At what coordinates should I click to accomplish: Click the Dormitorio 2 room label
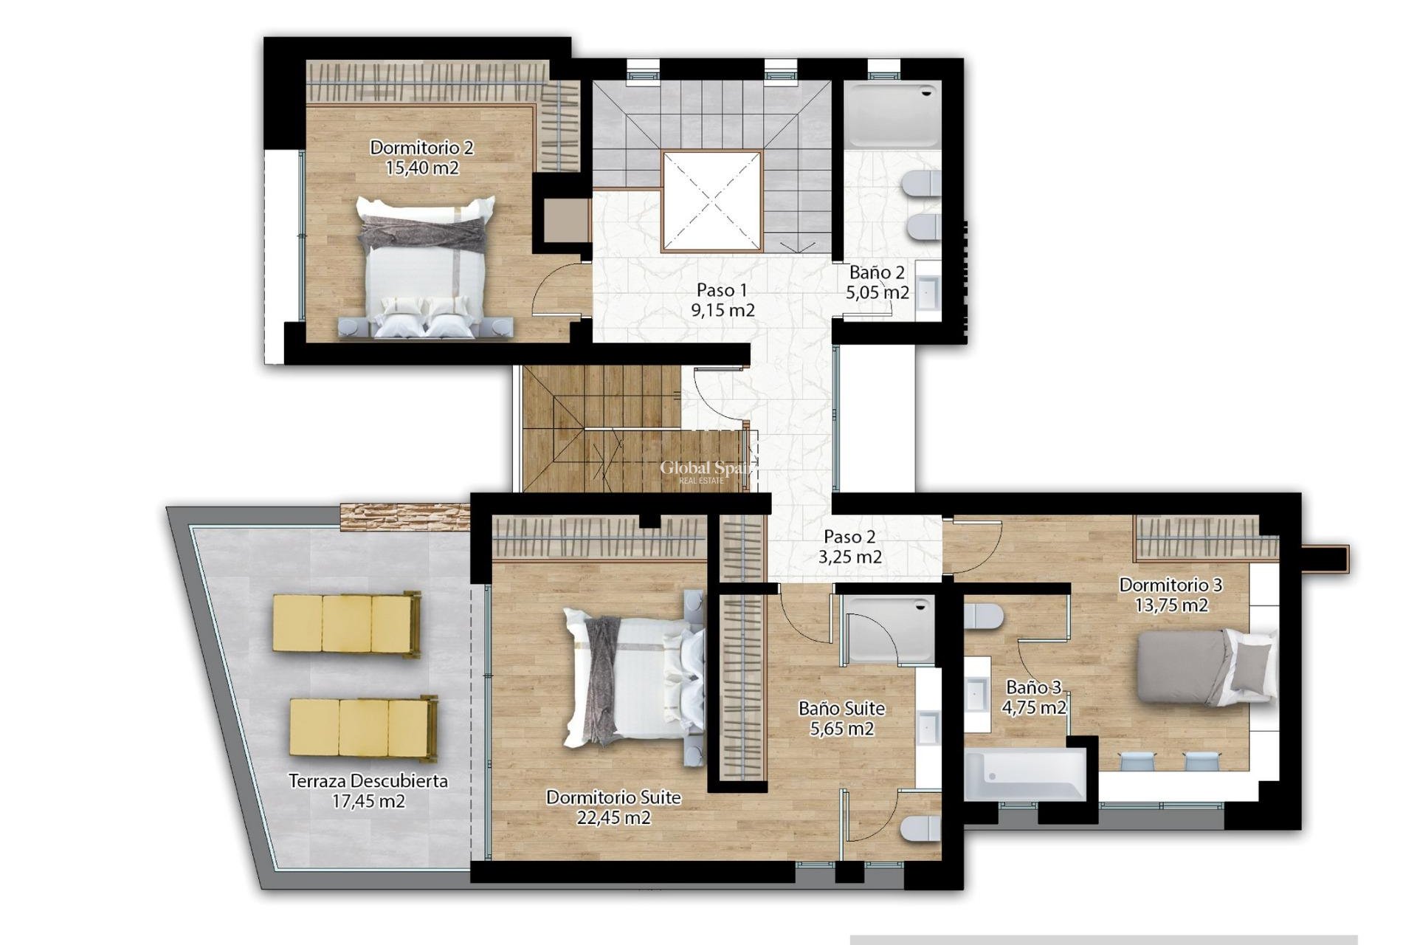click(421, 148)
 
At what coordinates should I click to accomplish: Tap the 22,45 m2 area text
click(613, 817)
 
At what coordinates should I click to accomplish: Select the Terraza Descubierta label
click(368, 781)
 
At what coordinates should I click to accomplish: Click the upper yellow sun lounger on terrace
click(346, 624)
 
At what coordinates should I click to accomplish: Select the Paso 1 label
click(722, 290)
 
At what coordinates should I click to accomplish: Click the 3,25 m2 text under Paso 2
click(849, 557)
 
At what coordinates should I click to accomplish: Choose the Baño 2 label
click(877, 272)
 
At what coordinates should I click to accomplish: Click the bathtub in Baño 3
click(1025, 774)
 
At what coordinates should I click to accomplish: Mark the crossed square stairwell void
click(711, 202)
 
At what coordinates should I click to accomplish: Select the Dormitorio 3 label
click(1171, 585)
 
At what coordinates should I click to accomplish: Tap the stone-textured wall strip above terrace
click(404, 516)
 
